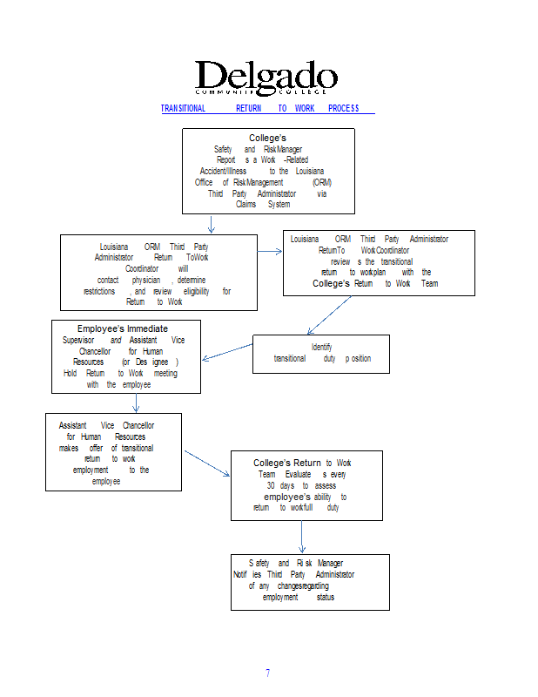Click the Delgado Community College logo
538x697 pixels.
(x=266, y=78)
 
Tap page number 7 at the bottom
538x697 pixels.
(x=268, y=673)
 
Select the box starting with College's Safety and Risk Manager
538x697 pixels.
(x=268, y=171)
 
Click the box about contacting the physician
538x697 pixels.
(x=158, y=273)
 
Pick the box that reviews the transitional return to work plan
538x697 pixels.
(x=379, y=262)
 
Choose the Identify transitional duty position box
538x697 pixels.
(x=321, y=354)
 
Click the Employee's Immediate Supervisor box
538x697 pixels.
(x=126, y=356)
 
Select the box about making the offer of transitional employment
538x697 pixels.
(x=113, y=451)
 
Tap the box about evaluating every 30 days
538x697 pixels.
(x=306, y=485)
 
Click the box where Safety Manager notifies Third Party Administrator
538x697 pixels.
(x=310, y=582)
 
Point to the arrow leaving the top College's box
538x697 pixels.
(x=212, y=224)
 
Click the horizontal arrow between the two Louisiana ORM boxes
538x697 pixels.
(x=270, y=251)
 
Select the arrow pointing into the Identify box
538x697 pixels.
(x=332, y=315)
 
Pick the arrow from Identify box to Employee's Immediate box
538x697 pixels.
(x=226, y=351)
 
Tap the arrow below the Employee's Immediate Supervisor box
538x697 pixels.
(x=137, y=403)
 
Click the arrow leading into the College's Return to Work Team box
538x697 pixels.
(x=206, y=463)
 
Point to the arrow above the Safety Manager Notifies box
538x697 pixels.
(x=301, y=537)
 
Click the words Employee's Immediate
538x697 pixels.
(x=123, y=328)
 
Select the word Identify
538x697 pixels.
(x=321, y=347)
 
